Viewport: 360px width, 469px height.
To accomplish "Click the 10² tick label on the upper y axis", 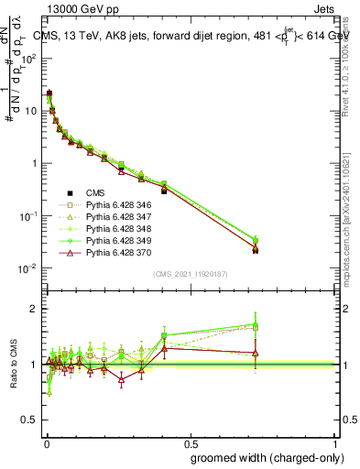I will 28,58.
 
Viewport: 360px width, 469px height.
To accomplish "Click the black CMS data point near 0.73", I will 256,249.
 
